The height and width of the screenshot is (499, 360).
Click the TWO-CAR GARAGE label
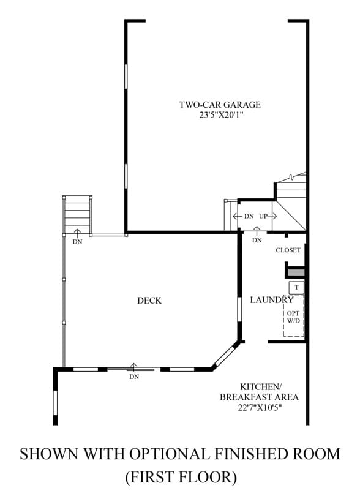pos(220,105)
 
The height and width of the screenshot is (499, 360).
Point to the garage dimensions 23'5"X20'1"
pos(220,115)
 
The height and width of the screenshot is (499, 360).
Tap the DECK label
pos(149,301)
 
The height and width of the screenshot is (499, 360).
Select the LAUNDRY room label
pos(271,300)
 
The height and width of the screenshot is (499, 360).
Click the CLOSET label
pos(288,250)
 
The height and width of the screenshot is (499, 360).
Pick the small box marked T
pos(296,288)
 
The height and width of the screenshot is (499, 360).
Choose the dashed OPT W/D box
pos(293,315)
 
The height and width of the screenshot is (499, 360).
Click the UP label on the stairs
pos(263,216)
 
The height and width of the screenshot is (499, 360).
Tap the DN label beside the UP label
pos(249,216)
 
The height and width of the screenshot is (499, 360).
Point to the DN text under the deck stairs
pos(77,242)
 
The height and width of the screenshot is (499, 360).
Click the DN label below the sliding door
pos(134,377)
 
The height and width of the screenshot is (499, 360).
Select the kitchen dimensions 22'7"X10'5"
pos(260,408)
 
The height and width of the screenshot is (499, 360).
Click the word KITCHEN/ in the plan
pos(261,387)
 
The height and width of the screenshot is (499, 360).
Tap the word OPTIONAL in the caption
pos(169,454)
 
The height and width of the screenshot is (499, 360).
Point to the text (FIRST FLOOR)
pos(181,477)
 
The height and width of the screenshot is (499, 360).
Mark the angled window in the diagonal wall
pos(225,355)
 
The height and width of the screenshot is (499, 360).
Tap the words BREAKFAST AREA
pos(259,397)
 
